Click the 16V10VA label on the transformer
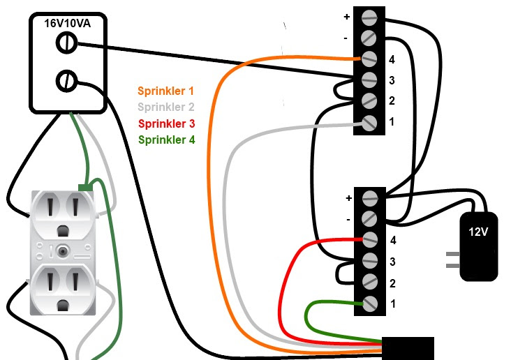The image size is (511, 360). coord(66,23)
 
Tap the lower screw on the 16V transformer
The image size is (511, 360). coord(66,82)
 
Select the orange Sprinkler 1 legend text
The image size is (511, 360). coord(165,91)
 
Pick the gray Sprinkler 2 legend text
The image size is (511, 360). coord(166,107)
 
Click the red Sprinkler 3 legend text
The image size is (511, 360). coord(166,123)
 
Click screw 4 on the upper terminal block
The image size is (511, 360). coord(370,59)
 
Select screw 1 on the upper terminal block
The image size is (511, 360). coord(370,123)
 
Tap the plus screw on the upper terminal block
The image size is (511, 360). coord(370,16)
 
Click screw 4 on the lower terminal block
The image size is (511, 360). coord(370,240)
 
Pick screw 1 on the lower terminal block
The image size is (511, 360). coord(370,304)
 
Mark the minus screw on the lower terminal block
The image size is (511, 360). coord(370,219)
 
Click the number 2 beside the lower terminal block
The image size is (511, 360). coord(392,283)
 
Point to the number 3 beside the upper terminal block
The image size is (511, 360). coord(392,80)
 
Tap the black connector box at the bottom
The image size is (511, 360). coord(408,347)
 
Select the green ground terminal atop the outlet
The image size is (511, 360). coord(86,186)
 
